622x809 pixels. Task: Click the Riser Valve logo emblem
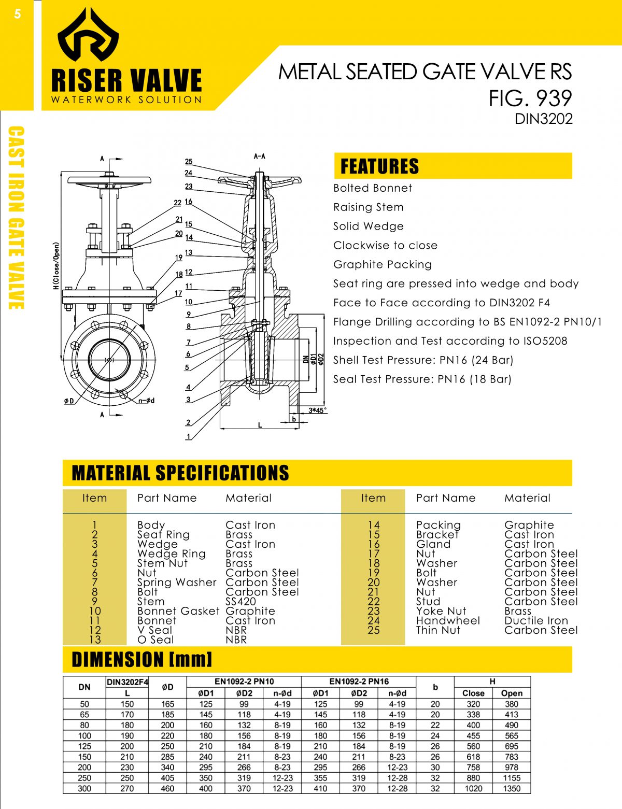click(x=88, y=35)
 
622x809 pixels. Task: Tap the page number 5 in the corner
click(x=18, y=14)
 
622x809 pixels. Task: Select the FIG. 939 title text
click(x=530, y=98)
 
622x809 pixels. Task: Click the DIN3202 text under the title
click(x=543, y=119)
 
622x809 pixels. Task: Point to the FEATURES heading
click(x=379, y=166)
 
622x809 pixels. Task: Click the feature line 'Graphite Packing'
click(x=382, y=264)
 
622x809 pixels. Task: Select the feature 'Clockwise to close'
click(x=385, y=245)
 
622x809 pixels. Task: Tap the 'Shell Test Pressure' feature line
click(x=423, y=360)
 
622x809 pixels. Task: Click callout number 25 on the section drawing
click(x=189, y=162)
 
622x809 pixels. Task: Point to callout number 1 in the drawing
click(x=188, y=436)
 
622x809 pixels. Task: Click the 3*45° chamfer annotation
click(x=317, y=410)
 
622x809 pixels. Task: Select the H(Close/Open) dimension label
click(x=56, y=265)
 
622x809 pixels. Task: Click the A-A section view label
click(x=260, y=156)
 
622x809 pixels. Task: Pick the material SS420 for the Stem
click(x=241, y=601)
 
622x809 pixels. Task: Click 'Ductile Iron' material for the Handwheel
click(x=536, y=620)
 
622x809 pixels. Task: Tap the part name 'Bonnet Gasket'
click(x=178, y=611)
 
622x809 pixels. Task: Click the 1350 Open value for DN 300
click(x=511, y=788)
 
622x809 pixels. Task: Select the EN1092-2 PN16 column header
click(x=359, y=682)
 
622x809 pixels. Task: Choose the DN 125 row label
click(x=84, y=746)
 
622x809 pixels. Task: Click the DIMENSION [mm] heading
click(x=142, y=660)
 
